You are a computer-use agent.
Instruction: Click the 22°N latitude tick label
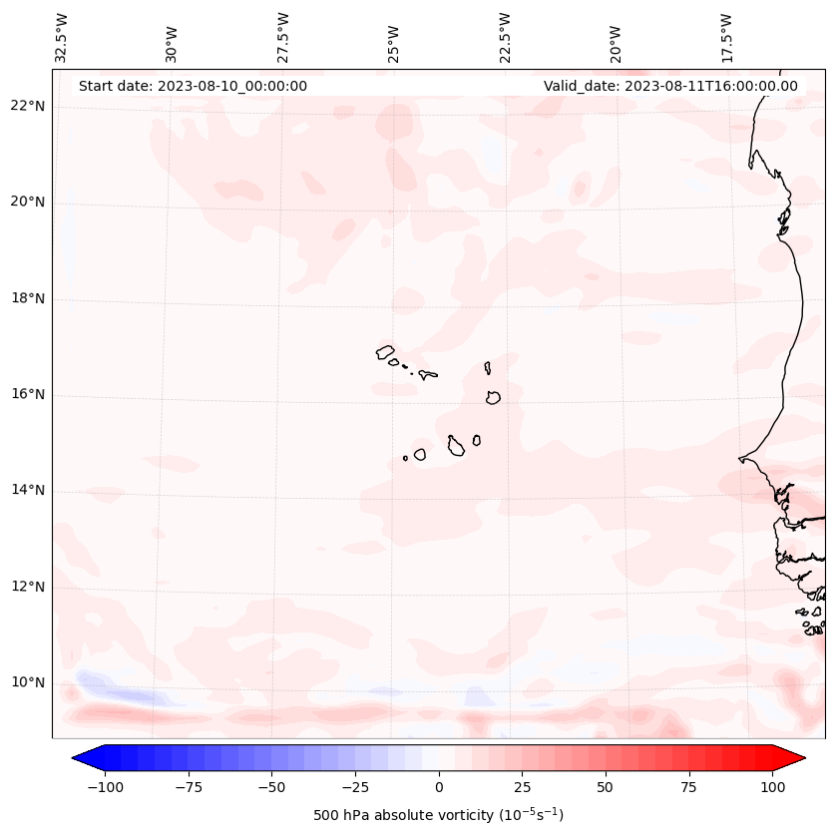[x=28, y=107]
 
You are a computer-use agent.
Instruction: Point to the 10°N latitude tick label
[x=28, y=683]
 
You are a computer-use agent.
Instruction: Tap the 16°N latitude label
[x=28, y=395]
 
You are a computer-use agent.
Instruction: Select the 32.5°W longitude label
[x=62, y=37]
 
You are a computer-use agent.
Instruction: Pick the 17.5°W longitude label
[x=725, y=37]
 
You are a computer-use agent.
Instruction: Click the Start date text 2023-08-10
[x=193, y=86]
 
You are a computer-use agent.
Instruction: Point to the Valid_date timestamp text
[x=670, y=86]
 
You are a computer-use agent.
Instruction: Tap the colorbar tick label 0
[x=439, y=787]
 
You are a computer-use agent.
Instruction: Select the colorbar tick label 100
[x=774, y=787]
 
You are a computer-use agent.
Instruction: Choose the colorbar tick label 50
[x=606, y=787]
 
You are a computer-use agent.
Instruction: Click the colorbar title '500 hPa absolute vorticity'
[x=439, y=815]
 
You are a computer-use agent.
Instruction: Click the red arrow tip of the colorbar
[x=798, y=758]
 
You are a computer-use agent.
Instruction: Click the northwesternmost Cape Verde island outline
[x=385, y=352]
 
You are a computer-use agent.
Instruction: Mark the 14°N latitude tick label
[x=28, y=491]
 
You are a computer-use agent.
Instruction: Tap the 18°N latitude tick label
[x=28, y=299]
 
